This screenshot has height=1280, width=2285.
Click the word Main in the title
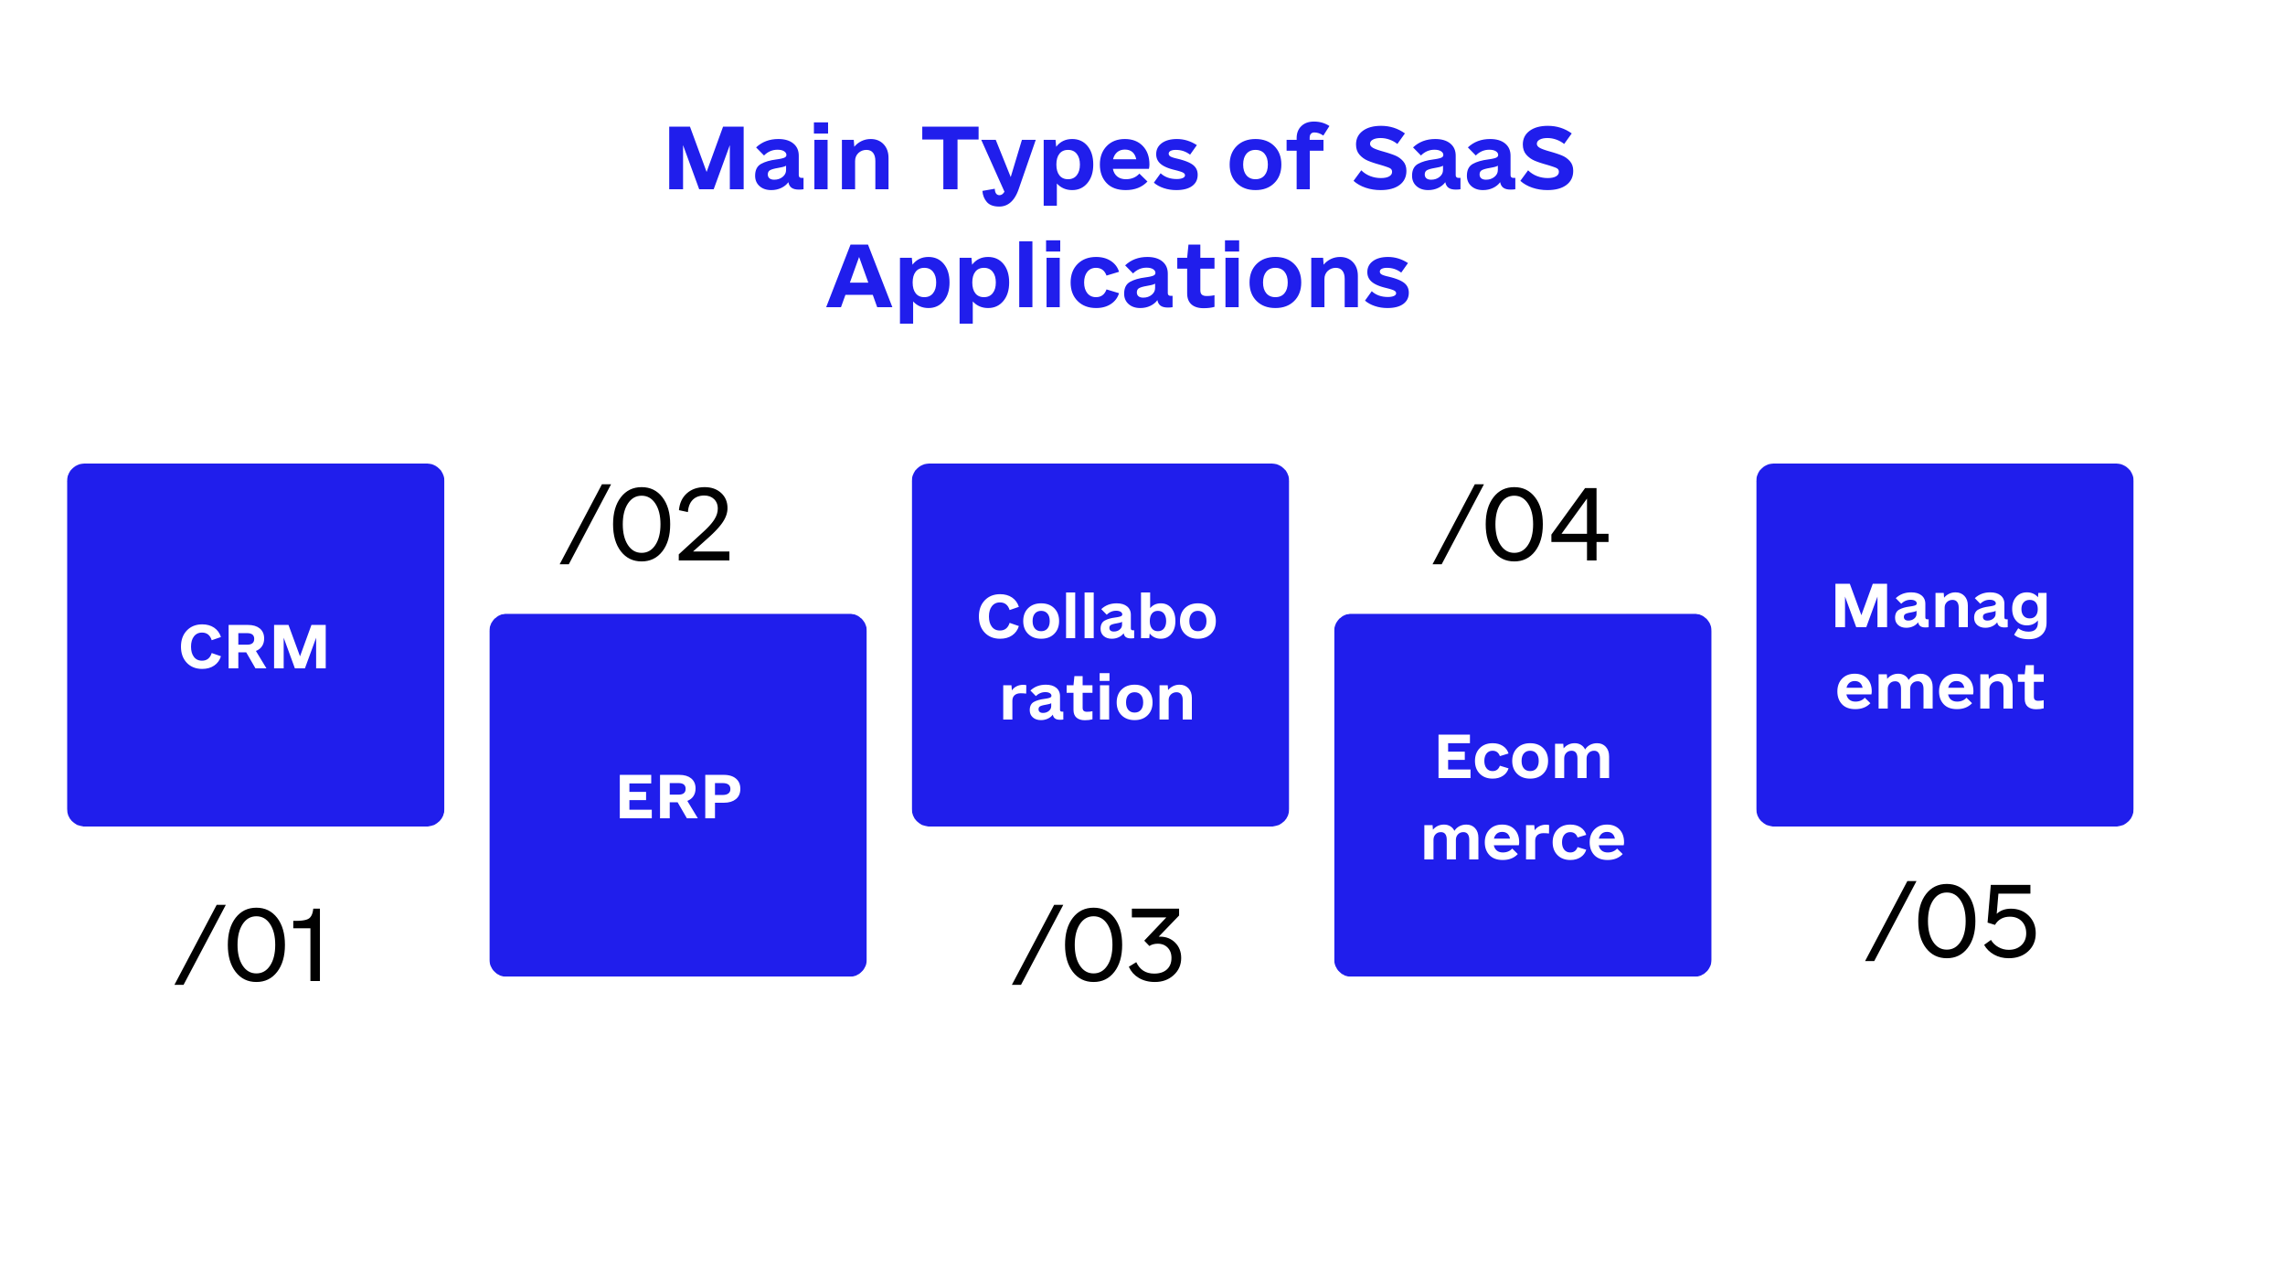[x=779, y=158]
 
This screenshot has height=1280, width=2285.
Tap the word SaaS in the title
[x=1463, y=158]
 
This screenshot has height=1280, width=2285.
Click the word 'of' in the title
[x=1276, y=157]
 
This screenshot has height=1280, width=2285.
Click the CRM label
[x=254, y=647]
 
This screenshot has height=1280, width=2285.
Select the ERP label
[x=678, y=796]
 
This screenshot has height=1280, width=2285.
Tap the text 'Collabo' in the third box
[x=1097, y=616]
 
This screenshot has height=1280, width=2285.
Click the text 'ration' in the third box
[x=1097, y=699]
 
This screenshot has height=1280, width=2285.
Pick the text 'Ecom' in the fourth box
[x=1523, y=757]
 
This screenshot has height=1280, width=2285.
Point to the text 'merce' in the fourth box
[x=1523, y=839]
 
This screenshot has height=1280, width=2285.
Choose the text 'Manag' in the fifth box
[x=1941, y=608]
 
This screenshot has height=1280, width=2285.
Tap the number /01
[x=250, y=945]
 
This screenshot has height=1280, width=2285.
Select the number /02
[x=645, y=524]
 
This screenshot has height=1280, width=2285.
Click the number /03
[x=1098, y=945]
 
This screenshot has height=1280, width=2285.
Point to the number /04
[x=1521, y=524]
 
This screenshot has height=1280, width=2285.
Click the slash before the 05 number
[x=1890, y=922]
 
